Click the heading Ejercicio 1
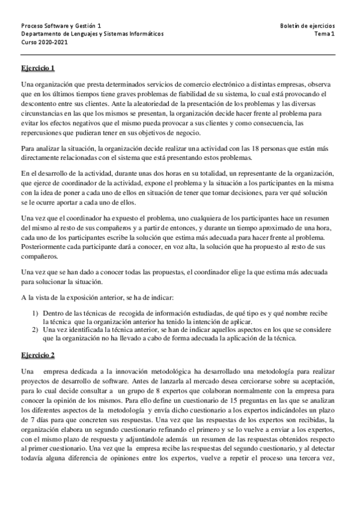38,67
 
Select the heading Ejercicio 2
38,354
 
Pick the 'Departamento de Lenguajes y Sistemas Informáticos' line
92,35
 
